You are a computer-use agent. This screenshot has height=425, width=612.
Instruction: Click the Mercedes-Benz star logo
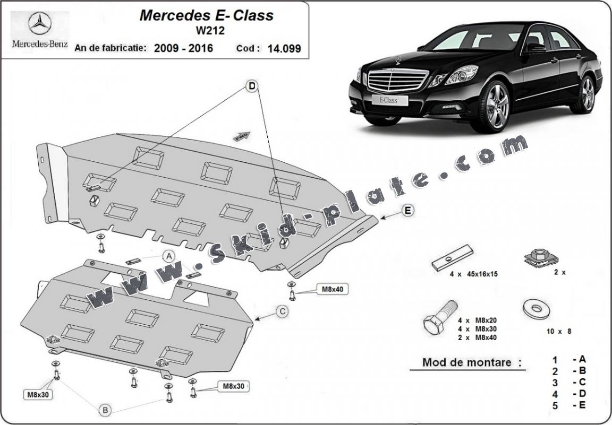[x=39, y=25]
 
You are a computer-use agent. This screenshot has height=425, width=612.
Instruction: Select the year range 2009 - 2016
[x=183, y=48]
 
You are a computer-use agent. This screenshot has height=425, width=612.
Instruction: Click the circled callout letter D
[x=252, y=86]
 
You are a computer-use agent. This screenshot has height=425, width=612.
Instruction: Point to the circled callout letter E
[x=407, y=211]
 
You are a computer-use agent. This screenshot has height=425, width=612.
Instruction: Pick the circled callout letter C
[x=283, y=311]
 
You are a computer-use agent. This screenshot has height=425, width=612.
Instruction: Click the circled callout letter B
[x=105, y=409]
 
